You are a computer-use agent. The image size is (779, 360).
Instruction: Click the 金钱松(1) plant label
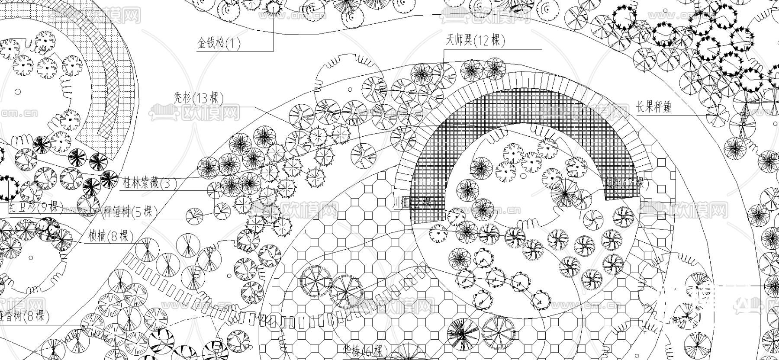pyautogui.click(x=219, y=43)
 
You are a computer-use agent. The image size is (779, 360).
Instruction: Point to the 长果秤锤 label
pyautogui.click(x=653, y=107)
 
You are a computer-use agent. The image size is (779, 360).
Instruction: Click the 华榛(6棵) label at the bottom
pyautogui.click(x=363, y=351)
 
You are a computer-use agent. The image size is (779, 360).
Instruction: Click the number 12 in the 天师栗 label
pyautogui.click(x=484, y=41)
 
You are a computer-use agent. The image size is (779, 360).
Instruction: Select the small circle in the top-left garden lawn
pyautogui.click(x=18, y=92)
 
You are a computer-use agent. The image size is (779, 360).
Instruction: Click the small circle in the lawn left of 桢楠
pyautogui.click(x=31, y=257)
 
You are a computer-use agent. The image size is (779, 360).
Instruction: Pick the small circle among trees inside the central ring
pyautogui.click(x=523, y=176)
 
